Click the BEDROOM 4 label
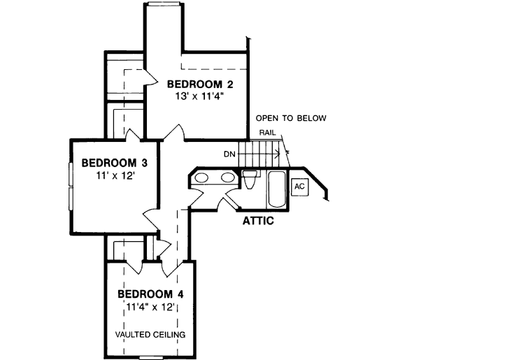(150, 294)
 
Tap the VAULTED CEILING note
(150, 335)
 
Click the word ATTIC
(257, 222)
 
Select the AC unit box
(299, 187)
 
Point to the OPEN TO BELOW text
(291, 118)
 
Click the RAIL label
(266, 131)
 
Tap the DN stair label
(229, 154)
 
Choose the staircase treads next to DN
(259, 153)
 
